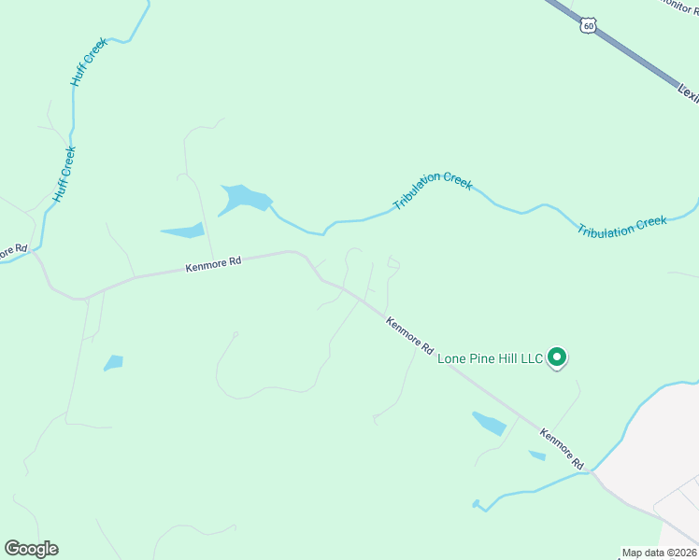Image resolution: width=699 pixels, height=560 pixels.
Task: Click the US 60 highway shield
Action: coord(587,25)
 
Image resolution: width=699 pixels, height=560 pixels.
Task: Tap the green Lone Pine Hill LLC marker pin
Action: coord(557,357)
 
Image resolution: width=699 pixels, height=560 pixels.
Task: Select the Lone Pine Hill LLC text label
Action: coord(491,358)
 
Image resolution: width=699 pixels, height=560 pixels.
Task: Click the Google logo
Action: coord(31,549)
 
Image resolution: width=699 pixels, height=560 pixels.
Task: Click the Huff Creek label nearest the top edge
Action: coord(90,63)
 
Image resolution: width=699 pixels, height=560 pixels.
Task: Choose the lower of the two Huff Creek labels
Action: coord(64,175)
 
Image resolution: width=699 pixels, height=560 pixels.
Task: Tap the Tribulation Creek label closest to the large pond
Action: coord(433,191)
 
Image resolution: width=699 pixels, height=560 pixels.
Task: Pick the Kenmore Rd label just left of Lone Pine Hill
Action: coord(411,334)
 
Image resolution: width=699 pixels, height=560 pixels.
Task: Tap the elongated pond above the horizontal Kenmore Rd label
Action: coord(183,231)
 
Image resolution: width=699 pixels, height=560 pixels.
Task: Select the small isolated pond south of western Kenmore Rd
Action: coord(113,362)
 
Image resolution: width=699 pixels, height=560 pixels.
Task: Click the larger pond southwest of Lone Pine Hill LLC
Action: coord(489,424)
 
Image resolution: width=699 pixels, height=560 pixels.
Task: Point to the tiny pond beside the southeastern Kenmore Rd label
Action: coord(537,455)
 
